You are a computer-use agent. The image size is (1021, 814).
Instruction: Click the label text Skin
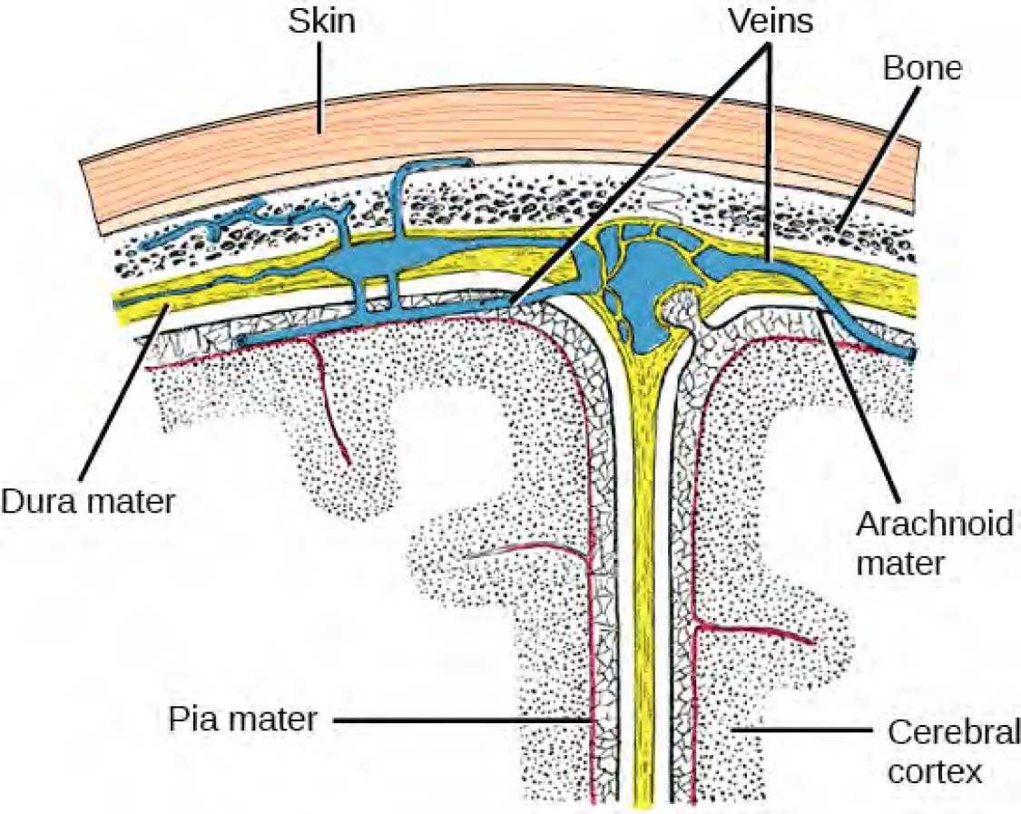321,23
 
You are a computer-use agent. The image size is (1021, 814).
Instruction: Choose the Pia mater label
242,721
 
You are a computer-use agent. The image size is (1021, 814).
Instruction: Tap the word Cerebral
952,732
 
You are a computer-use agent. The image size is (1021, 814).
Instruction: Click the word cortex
935,771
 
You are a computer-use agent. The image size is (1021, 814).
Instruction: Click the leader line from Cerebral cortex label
799,729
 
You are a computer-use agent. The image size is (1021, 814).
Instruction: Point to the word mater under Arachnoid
903,564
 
